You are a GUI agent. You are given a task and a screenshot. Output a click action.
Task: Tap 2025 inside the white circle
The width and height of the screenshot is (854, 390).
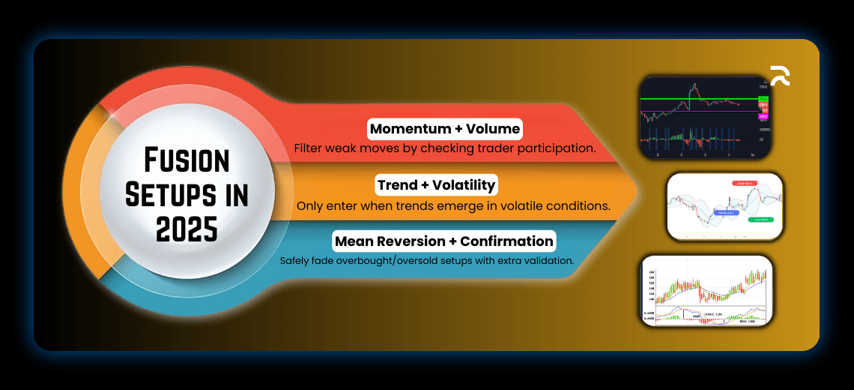pyautogui.click(x=187, y=227)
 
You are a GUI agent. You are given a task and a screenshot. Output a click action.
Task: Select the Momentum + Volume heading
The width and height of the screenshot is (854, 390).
pyautogui.click(x=445, y=128)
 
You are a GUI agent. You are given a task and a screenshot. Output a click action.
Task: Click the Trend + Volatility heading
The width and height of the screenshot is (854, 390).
pyautogui.click(x=437, y=184)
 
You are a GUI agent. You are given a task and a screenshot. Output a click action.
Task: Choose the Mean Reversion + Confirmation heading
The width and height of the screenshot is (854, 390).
pyautogui.click(x=445, y=241)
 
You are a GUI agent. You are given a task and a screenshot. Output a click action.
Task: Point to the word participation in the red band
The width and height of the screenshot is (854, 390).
pyautogui.click(x=555, y=148)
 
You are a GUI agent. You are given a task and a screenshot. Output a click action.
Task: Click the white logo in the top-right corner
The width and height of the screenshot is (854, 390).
pyautogui.click(x=779, y=76)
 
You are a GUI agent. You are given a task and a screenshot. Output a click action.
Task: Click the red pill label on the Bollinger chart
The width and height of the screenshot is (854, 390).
pyautogui.click(x=745, y=183)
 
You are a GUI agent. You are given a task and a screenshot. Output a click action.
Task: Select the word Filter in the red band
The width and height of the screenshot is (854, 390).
pyautogui.click(x=309, y=148)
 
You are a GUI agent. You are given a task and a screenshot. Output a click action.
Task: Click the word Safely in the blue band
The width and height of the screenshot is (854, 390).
pyautogui.click(x=294, y=261)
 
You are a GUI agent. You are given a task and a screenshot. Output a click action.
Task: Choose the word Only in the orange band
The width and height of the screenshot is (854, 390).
pyautogui.click(x=310, y=205)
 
